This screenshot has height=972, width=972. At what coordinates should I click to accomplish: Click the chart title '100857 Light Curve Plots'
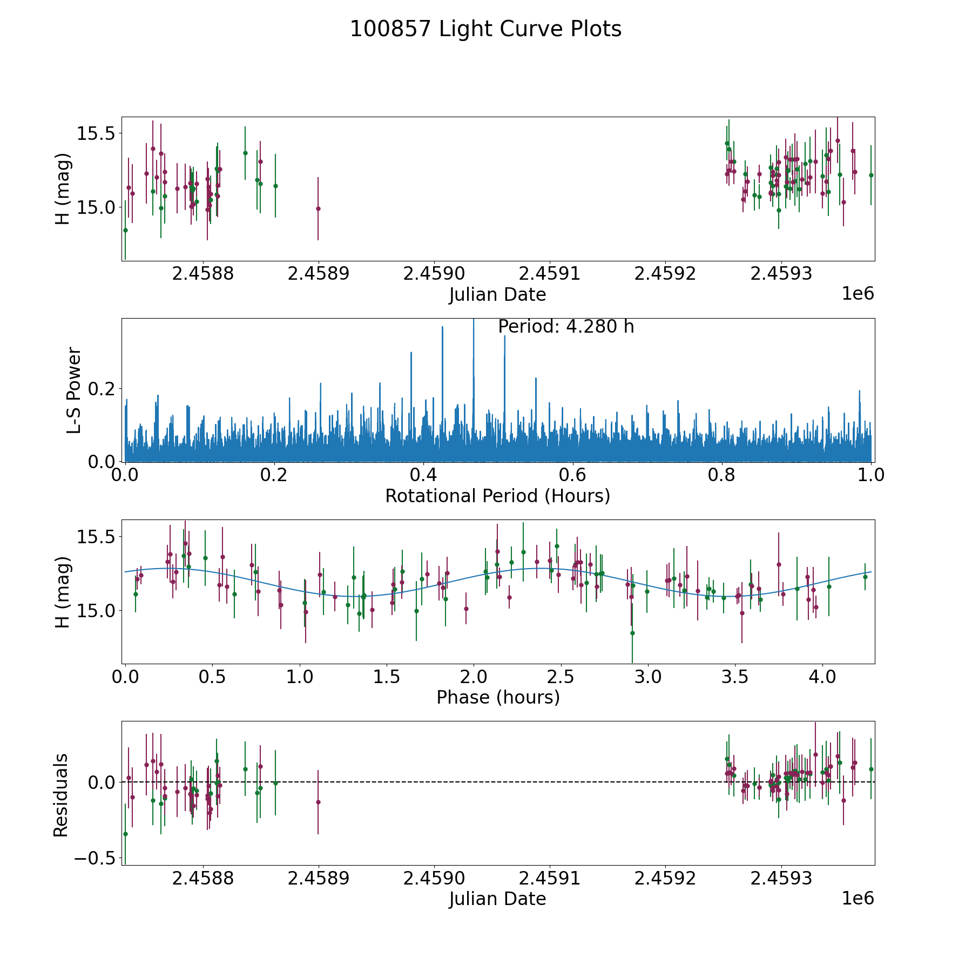coord(485,29)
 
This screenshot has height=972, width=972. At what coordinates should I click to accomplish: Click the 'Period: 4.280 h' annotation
coord(565,327)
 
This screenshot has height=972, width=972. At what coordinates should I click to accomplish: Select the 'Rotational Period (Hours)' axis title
coord(497,496)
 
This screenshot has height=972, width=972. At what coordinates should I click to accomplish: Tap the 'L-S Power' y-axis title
coord(74,390)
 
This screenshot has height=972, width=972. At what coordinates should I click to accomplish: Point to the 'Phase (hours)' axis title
coord(497,697)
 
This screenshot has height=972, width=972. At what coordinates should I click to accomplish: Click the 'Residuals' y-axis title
coord(60,795)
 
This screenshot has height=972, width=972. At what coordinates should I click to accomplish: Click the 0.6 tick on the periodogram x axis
coord(572,475)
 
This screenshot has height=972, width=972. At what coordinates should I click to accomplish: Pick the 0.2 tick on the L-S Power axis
coord(102,389)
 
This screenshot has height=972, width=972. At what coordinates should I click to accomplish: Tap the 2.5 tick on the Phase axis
coord(561,677)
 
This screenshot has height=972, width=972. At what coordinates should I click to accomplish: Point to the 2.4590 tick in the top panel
coord(434,274)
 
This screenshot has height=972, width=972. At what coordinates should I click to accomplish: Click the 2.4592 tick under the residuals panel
coord(665,878)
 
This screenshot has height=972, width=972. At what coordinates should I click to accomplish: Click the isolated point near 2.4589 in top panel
coord(318,208)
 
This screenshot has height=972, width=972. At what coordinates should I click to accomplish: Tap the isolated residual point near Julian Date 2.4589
coord(318,802)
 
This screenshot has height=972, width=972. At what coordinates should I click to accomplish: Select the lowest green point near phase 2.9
coord(632,633)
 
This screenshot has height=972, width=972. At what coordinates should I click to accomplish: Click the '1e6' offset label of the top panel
coord(858,293)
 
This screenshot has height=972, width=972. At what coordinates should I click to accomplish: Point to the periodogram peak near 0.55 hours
coord(536,379)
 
